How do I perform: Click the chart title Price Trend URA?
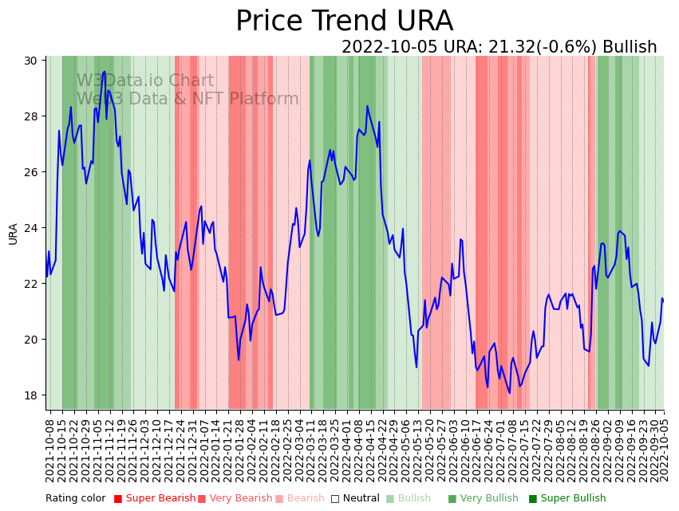tap(344, 22)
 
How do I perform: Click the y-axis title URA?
tap(14, 234)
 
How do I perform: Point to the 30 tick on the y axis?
tap(33, 61)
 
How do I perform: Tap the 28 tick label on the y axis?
tap(33, 116)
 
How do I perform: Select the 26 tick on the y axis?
tap(33, 172)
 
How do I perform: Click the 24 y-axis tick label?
tap(33, 228)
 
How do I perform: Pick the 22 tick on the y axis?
tap(33, 284)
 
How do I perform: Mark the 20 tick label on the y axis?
tap(33, 340)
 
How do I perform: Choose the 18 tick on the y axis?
tap(33, 395)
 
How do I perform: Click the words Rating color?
tap(75, 499)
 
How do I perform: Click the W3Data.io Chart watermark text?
tap(145, 81)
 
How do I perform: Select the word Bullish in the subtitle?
tap(630, 48)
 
